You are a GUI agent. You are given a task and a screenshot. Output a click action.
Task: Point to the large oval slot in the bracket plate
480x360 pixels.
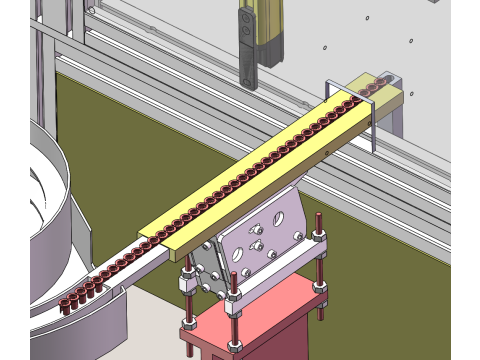click(x=286, y=215)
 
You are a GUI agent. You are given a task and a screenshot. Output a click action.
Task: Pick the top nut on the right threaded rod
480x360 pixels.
click(x=316, y=236)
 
